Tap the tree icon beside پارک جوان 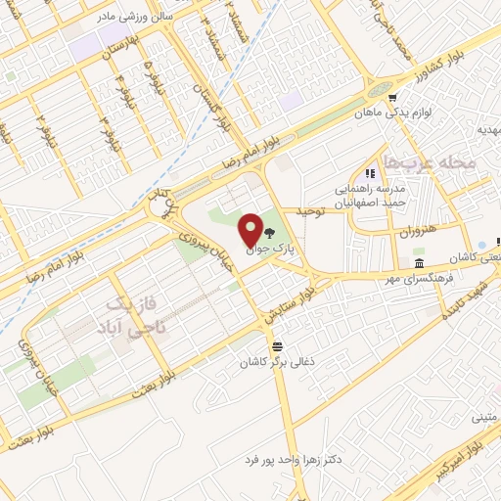[269, 233]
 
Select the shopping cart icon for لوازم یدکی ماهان [391, 98]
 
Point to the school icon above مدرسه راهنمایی [370, 172]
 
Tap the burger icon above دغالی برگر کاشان [278, 344]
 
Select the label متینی [484, 418]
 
